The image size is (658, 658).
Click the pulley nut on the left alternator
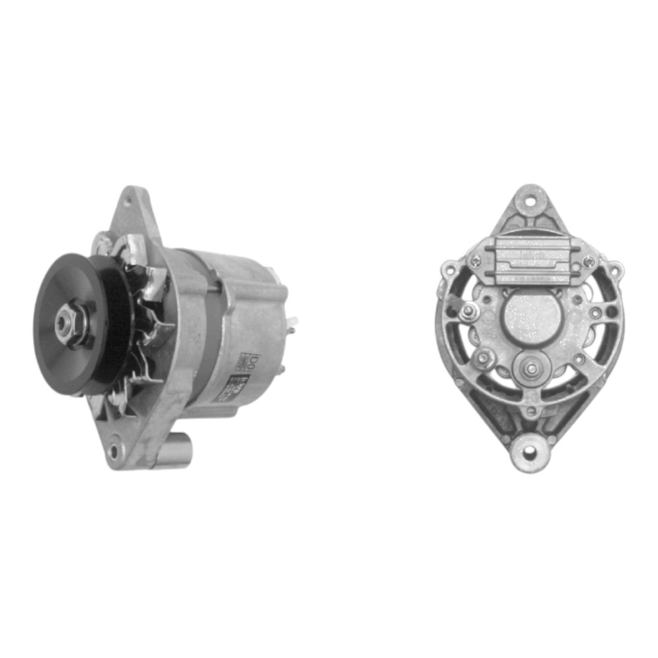tap(66, 322)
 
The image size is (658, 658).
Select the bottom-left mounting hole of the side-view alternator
tap(116, 451)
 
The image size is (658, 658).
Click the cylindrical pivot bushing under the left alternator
tap(174, 455)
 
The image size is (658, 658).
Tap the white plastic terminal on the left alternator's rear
tap(291, 322)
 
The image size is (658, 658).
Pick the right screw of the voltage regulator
tap(588, 262)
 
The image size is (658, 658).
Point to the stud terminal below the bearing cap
tap(530, 369)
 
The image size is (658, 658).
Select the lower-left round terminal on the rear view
tap(484, 359)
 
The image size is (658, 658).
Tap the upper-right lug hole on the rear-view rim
tap(614, 270)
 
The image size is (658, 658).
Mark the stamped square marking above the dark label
tap(252, 361)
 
